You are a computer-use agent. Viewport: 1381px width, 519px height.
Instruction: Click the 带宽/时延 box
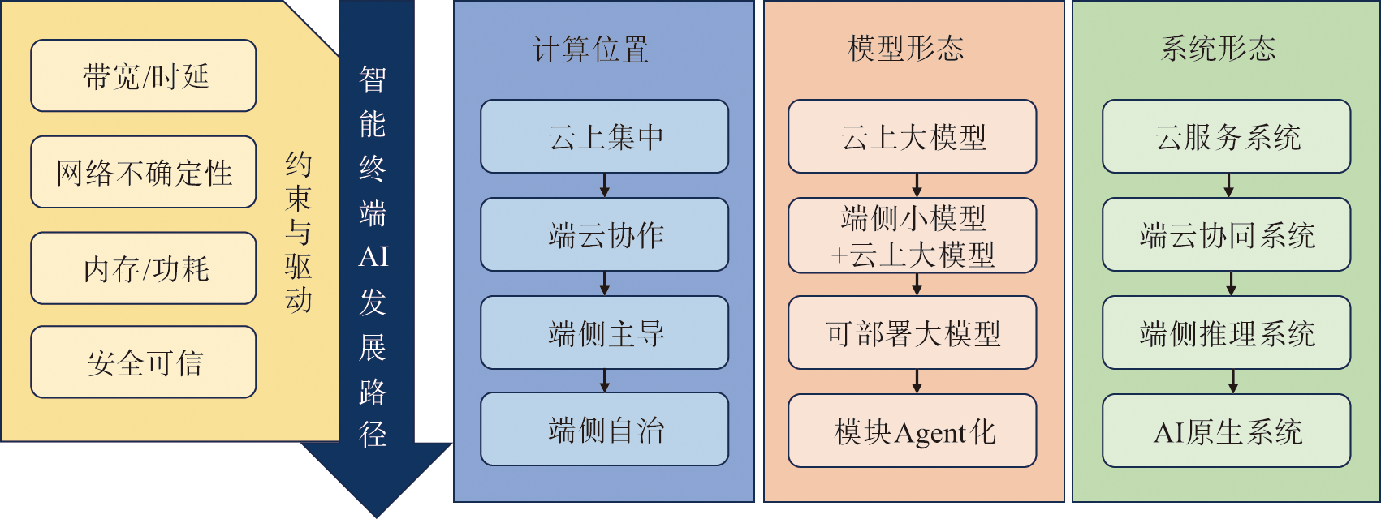coord(144,76)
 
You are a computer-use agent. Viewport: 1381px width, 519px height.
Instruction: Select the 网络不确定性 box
coord(144,173)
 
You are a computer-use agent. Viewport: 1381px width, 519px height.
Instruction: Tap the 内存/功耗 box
coord(144,268)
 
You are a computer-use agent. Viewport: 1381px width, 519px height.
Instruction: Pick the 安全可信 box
coord(144,362)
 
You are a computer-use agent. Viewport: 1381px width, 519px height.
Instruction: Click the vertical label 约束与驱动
coord(298,232)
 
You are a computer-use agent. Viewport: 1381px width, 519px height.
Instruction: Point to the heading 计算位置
coord(591,49)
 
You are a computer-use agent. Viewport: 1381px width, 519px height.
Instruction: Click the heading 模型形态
coord(906,49)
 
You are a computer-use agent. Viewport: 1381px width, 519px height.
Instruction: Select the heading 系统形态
coord(1219,49)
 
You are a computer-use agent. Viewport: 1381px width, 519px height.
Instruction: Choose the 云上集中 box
coord(605,137)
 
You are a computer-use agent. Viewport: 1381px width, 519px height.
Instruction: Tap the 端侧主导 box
coord(605,333)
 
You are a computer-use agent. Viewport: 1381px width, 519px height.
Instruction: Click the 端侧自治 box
coord(605,430)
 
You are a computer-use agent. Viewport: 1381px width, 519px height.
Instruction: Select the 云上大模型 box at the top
coord(913,137)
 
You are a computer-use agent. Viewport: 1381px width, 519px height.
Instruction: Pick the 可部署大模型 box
coord(913,333)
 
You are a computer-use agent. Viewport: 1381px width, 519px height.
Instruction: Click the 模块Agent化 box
coord(913,431)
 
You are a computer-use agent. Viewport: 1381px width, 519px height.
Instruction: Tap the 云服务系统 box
coord(1227,137)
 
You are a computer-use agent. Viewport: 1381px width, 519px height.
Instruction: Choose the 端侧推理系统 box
coord(1227,333)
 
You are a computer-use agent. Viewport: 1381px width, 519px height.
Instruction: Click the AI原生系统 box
coord(1227,431)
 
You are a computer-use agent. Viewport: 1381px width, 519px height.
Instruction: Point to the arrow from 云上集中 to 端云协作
coord(605,186)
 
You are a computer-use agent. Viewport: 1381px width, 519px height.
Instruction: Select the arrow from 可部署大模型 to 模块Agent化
coord(917,382)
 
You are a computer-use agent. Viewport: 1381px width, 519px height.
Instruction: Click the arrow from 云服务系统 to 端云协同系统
coord(1228,186)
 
